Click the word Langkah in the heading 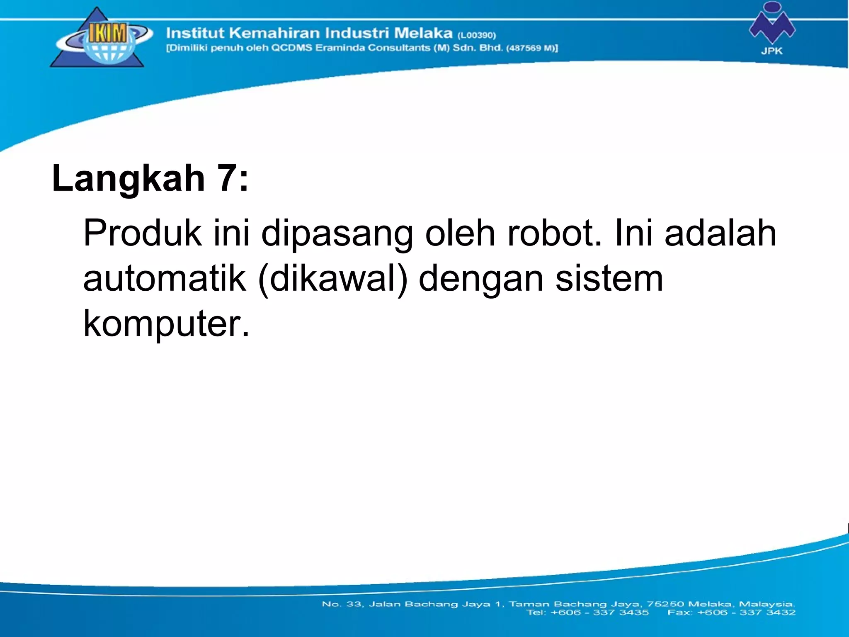pos(128,178)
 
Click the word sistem pos(609,279)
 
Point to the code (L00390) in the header pos(476,35)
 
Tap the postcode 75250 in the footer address pos(666,604)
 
